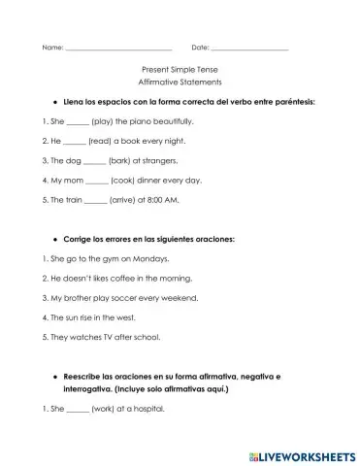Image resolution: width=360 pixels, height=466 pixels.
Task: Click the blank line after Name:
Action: click(117, 47)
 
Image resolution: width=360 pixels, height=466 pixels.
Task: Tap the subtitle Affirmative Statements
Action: click(180, 82)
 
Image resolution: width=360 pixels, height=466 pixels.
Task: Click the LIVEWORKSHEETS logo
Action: click(300, 450)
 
